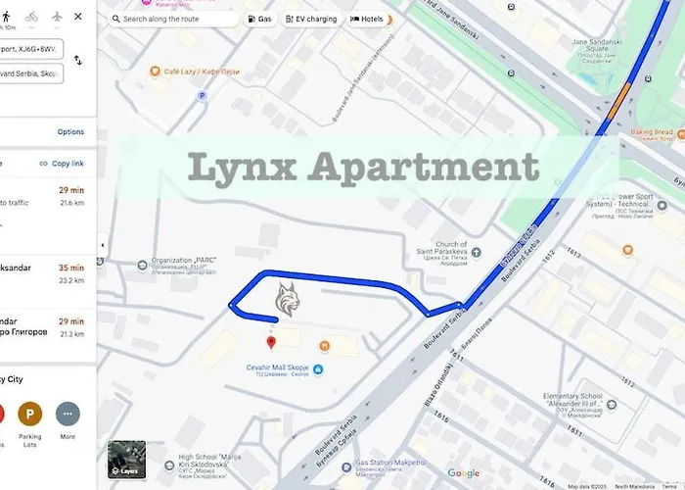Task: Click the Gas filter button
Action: point(259,19)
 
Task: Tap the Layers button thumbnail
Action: point(126,460)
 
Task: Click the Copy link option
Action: point(62,164)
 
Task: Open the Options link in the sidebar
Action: point(70,132)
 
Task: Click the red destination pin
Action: point(271,342)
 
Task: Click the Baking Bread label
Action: point(650,132)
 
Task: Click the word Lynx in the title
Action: point(239,167)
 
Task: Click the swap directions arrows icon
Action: point(78,61)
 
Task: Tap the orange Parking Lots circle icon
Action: point(30,414)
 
